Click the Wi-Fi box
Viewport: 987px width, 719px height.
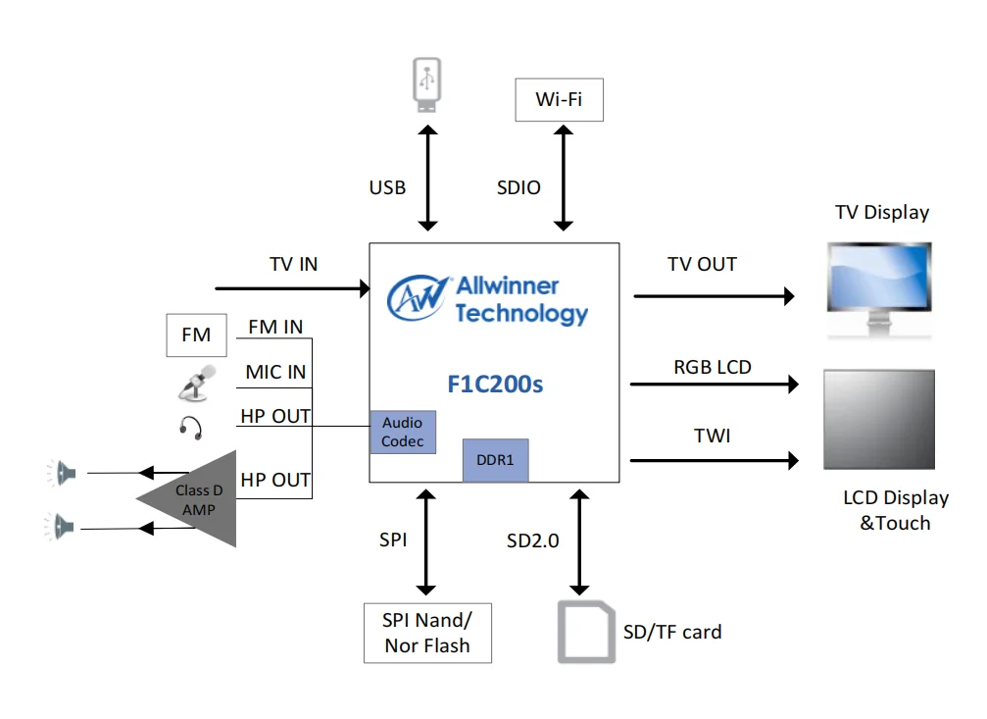coord(559,99)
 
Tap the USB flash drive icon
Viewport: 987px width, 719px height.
coord(426,85)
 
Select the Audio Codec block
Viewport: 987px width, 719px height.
coord(403,433)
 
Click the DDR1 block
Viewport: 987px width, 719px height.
coord(495,460)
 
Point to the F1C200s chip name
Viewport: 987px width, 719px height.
coord(495,384)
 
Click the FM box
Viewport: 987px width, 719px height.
coord(196,335)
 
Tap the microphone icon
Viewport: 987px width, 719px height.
coord(196,383)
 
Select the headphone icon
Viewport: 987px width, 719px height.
coord(191,427)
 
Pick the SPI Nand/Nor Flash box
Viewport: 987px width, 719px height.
coord(426,633)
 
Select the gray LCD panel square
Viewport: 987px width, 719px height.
coord(878,419)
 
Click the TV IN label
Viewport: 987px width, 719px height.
coord(294,265)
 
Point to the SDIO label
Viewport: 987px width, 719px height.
coord(518,187)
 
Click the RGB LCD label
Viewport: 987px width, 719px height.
coord(713,368)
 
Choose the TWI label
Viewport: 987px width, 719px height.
coord(713,436)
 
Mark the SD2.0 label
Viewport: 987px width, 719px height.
coord(532,540)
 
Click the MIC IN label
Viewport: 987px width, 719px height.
coord(275,372)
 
